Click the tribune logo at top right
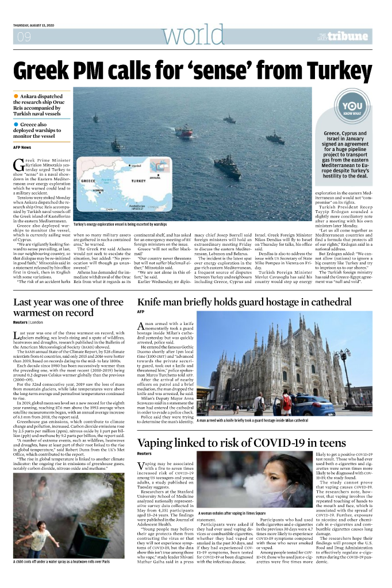click(349, 37)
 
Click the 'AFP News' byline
click(24, 147)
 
